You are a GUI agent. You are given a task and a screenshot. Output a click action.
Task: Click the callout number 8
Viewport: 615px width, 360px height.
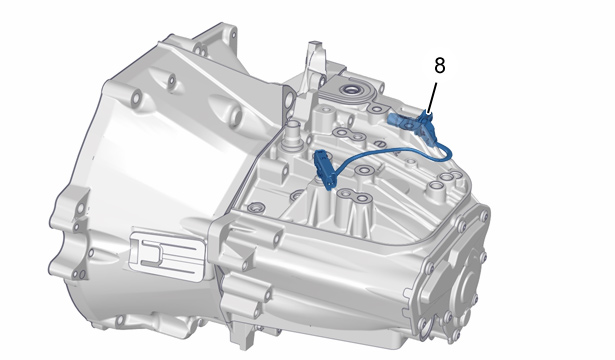[x=440, y=65]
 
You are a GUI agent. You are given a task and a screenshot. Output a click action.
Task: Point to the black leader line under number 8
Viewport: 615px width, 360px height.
[x=431, y=98]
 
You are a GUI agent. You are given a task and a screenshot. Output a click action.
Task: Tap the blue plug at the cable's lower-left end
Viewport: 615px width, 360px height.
[x=325, y=169]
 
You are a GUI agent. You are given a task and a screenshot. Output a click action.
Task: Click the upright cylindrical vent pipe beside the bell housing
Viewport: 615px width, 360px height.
[x=292, y=135]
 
